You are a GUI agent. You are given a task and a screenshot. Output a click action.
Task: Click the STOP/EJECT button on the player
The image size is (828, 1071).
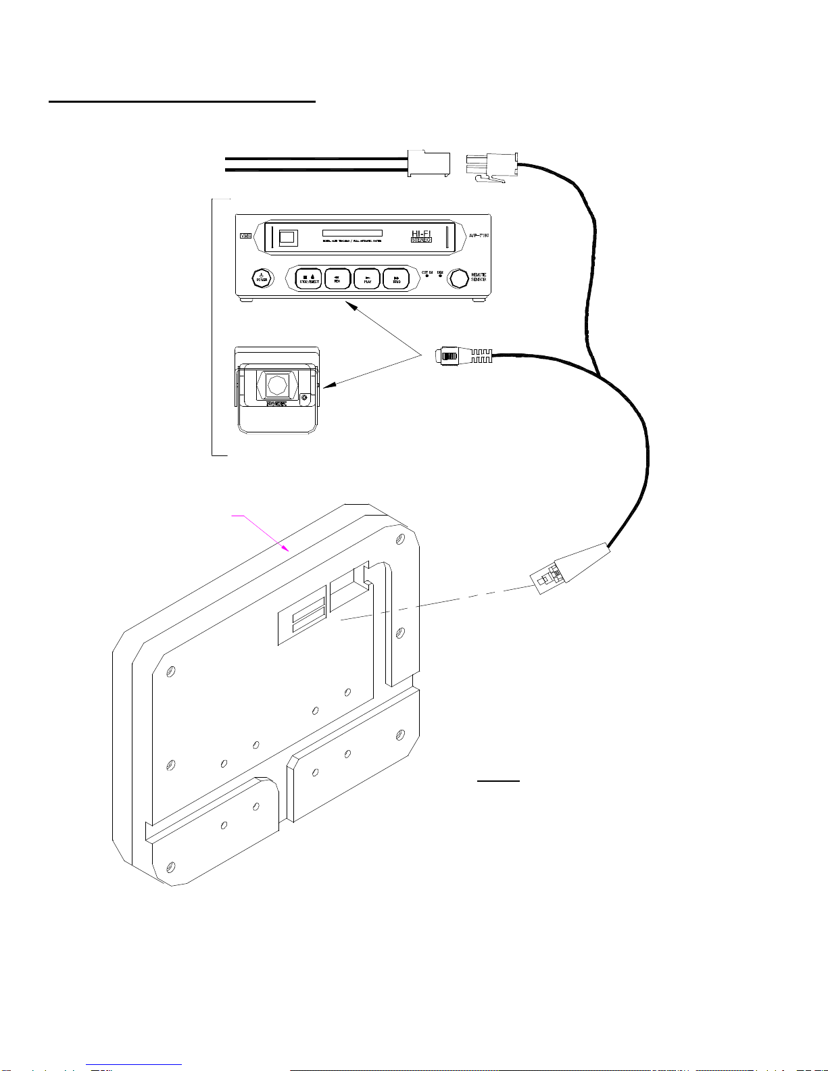[309, 278]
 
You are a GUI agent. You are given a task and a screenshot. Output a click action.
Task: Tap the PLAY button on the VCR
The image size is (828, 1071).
[367, 278]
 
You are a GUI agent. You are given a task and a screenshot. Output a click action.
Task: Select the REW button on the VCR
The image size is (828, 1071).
[338, 278]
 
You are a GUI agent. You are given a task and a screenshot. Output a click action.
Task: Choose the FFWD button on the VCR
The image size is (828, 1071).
[396, 278]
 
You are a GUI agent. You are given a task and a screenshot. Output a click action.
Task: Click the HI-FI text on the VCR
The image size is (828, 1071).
[421, 233]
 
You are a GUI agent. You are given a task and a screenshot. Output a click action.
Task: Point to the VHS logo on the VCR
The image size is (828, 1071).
[245, 236]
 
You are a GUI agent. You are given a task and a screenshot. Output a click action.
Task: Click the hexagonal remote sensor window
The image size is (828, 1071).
[459, 278]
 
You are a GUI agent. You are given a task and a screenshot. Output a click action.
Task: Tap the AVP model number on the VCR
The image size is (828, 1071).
[479, 236]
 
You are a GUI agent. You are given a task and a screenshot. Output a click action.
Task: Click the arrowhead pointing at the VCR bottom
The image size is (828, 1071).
[351, 306]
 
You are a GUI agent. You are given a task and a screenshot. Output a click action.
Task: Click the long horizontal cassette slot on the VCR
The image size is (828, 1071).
[352, 233]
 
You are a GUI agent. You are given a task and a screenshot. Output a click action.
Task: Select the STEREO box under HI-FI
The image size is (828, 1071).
[421, 240]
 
